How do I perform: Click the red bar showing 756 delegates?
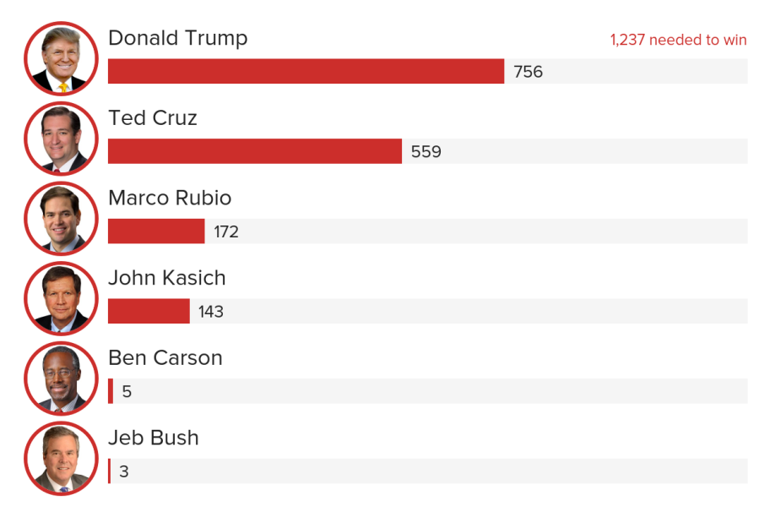306,72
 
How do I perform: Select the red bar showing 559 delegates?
255,151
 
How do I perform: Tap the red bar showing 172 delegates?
156,231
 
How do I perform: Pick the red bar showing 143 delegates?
149,311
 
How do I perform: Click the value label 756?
528,72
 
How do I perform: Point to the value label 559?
426,152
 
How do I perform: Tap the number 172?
226,231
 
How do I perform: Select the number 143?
211,312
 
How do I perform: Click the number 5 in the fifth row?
127,391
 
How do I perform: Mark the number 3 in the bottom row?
124,471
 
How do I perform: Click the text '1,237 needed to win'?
678,40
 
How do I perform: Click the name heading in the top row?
178,38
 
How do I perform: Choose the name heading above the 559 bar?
153,118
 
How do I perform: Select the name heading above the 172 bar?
170,198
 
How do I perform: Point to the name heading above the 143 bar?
167,278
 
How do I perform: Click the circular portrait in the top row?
60,58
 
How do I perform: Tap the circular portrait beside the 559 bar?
60,139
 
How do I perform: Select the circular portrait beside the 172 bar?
60,218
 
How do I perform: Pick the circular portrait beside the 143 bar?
60,298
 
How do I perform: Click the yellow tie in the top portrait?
63,87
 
